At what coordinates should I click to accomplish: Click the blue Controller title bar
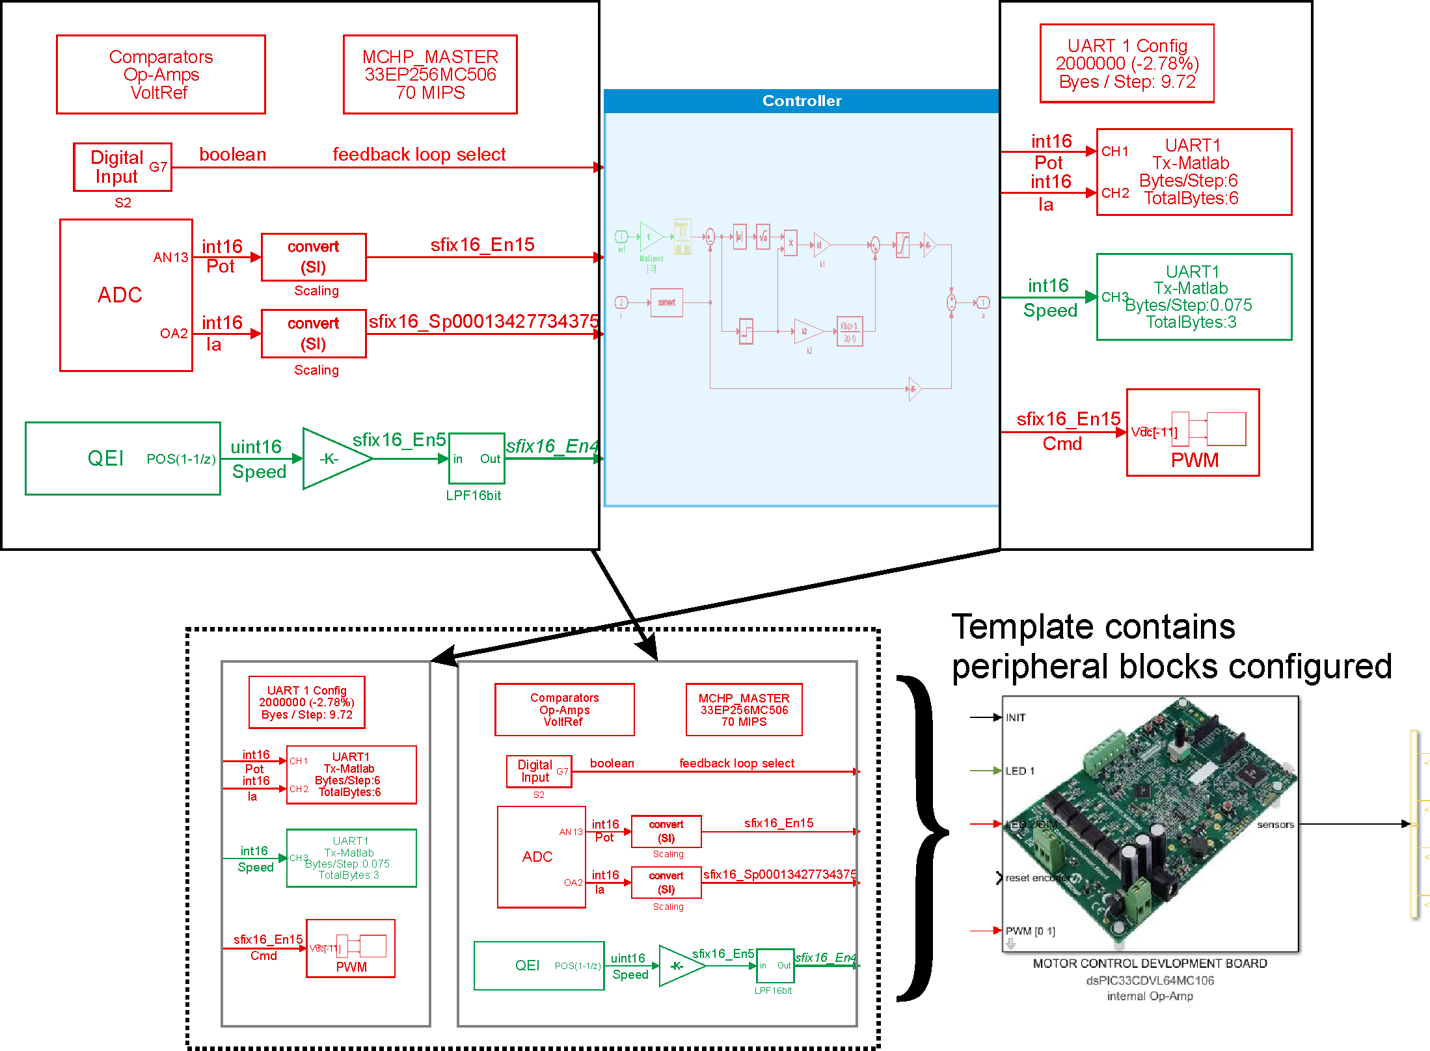pos(802,101)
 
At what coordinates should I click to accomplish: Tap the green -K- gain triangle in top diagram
pos(332,459)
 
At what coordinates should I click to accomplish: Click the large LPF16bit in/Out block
pos(476,459)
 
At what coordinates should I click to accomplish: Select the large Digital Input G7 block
pos(122,167)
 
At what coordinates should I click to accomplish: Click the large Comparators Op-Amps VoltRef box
pos(161,74)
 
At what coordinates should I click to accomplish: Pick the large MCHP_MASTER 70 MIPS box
pos(430,74)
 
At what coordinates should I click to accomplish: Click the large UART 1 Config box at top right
pos(1127,63)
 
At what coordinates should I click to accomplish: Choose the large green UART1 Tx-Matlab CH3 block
pos(1194,297)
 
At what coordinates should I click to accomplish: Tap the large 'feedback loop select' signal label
pos(419,154)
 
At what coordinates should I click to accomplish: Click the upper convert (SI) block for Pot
pos(314,257)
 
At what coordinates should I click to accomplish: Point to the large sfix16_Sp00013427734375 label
pos(483,321)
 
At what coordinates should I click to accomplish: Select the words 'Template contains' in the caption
pos(1093,627)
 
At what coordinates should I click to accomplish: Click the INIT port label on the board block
pos(1016,717)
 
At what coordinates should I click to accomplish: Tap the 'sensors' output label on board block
pos(1275,824)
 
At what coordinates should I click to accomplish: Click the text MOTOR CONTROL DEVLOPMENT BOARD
pos(1150,963)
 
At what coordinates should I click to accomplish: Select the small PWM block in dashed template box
pos(351,948)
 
